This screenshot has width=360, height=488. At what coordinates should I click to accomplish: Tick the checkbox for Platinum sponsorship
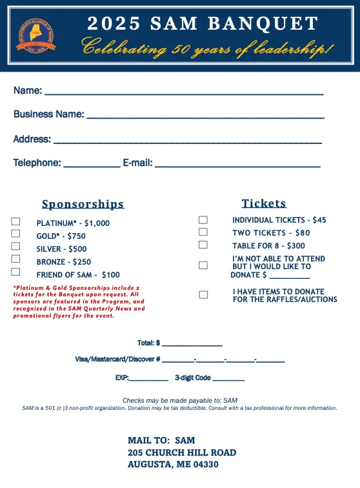coord(16,221)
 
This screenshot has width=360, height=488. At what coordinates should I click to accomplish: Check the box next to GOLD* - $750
coord(16,234)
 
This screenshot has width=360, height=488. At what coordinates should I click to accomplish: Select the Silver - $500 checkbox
coord(16,247)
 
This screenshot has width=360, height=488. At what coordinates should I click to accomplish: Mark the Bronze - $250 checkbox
coord(16,259)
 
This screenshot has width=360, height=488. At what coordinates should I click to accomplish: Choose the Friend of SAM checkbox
coord(16,272)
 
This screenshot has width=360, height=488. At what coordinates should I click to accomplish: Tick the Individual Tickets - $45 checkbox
coord(203,219)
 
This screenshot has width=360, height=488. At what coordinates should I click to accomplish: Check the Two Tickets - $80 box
coord(203,232)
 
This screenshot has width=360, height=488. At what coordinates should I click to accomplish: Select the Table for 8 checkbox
coord(203,245)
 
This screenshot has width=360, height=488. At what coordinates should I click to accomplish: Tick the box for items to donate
coord(203,294)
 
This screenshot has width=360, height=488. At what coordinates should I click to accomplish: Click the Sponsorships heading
coord(83,205)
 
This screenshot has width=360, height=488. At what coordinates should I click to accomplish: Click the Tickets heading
coord(264,203)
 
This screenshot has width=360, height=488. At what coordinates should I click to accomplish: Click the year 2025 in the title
coord(114,25)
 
